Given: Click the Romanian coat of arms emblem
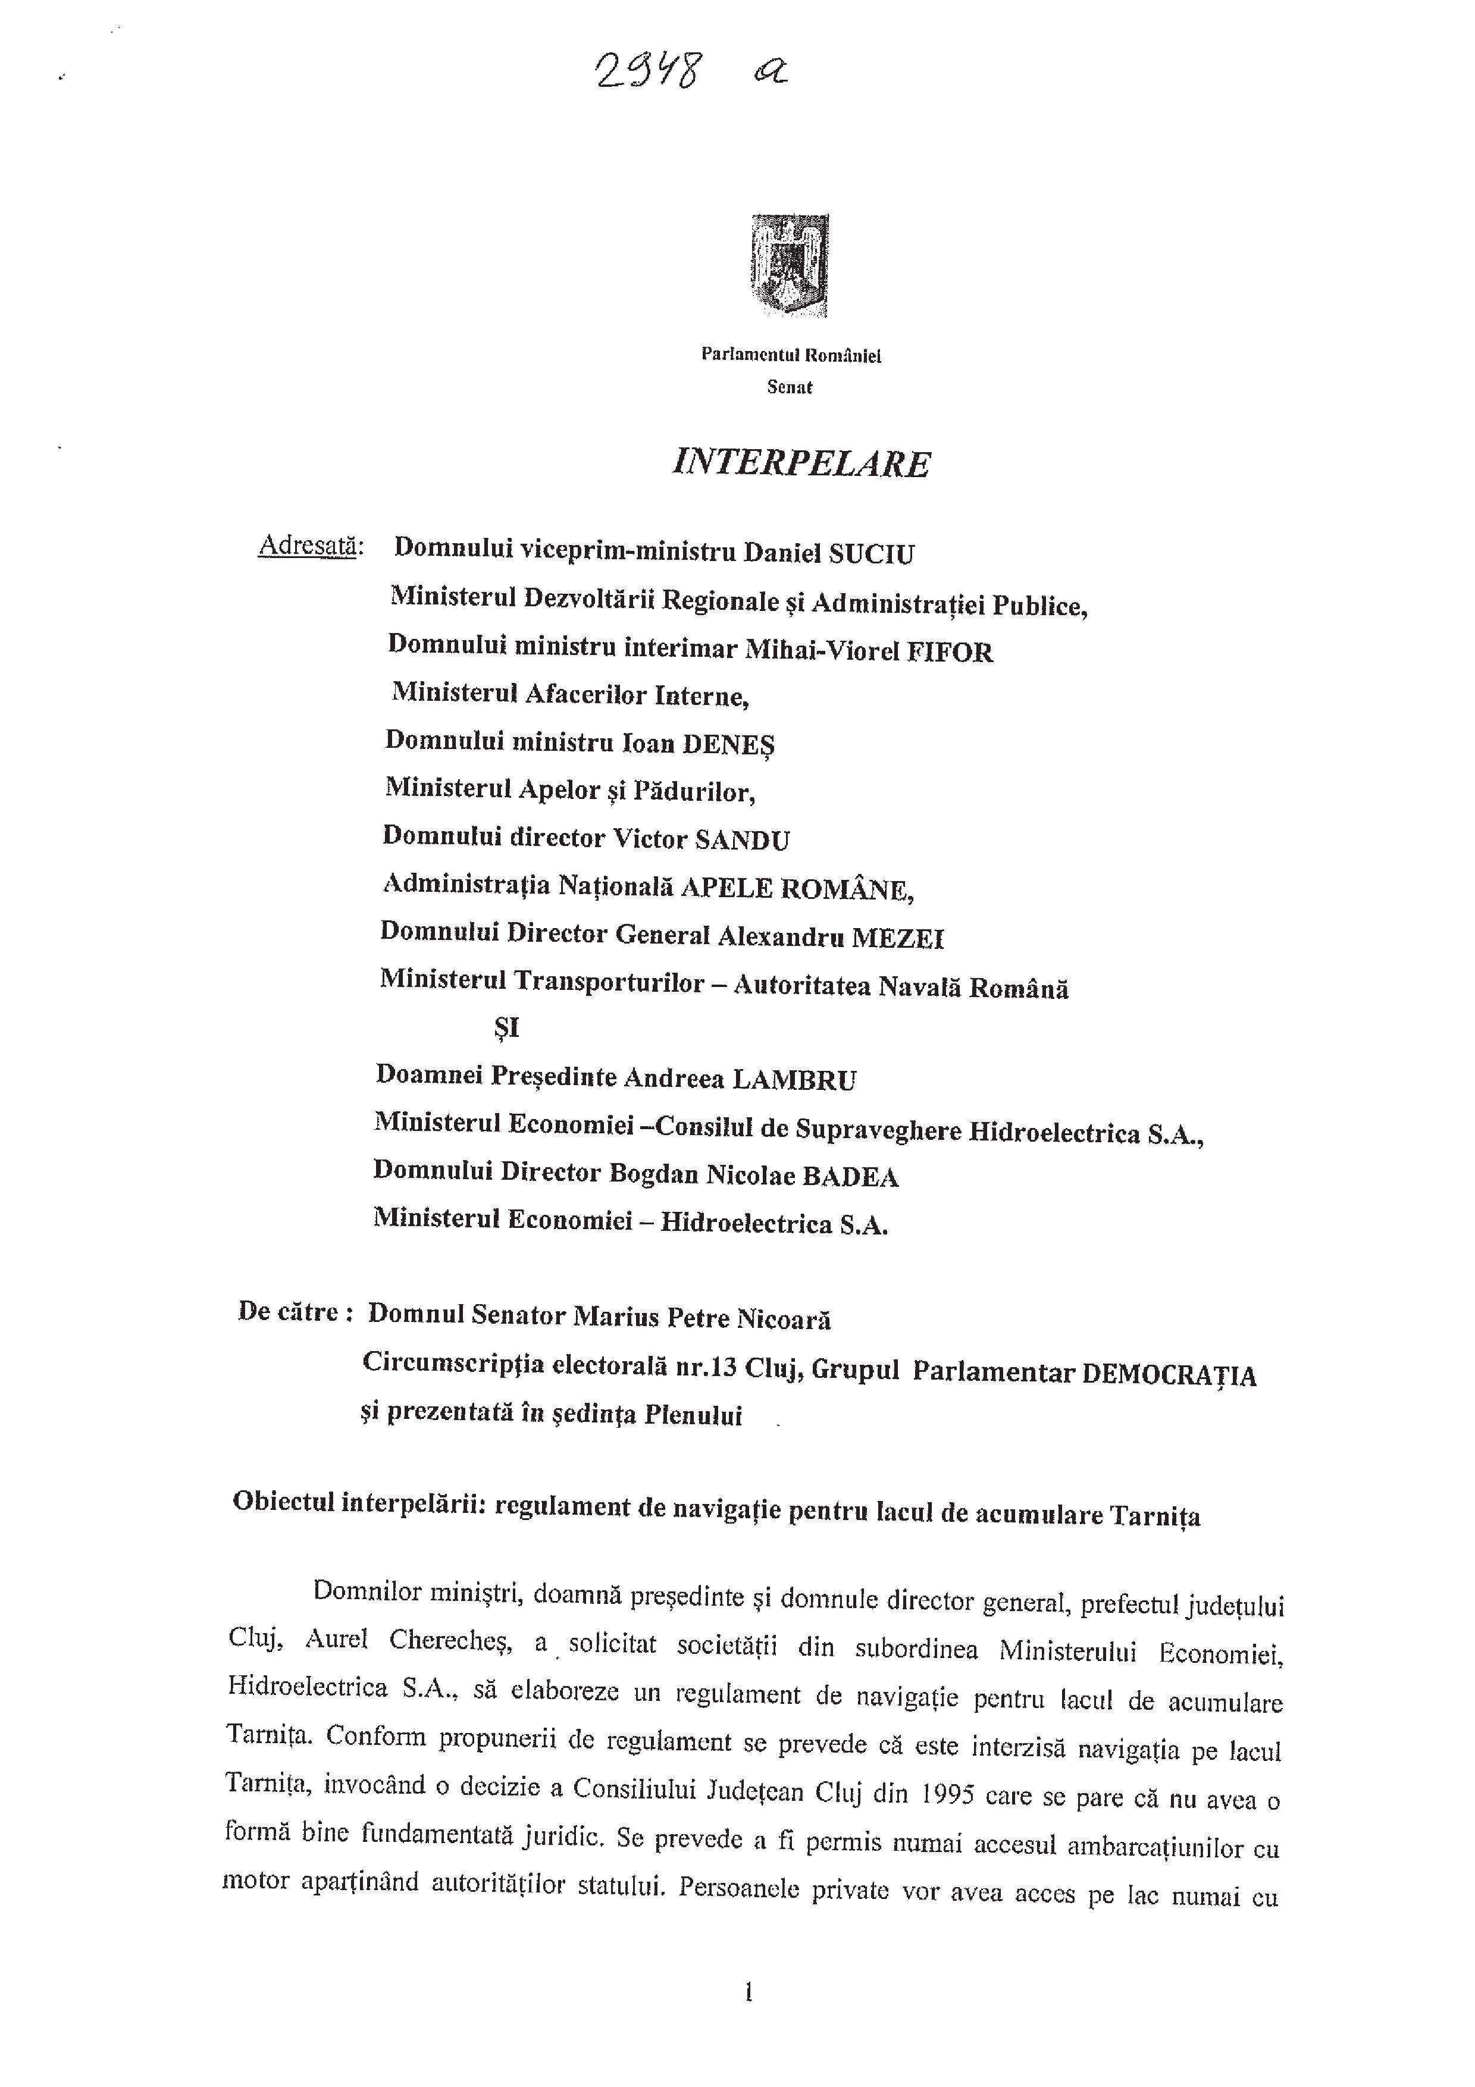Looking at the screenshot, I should coord(790,265).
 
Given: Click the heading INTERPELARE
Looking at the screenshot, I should coord(801,463).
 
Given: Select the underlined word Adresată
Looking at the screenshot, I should coord(311,546).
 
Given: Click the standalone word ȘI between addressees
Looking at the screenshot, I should coord(505,1028).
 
